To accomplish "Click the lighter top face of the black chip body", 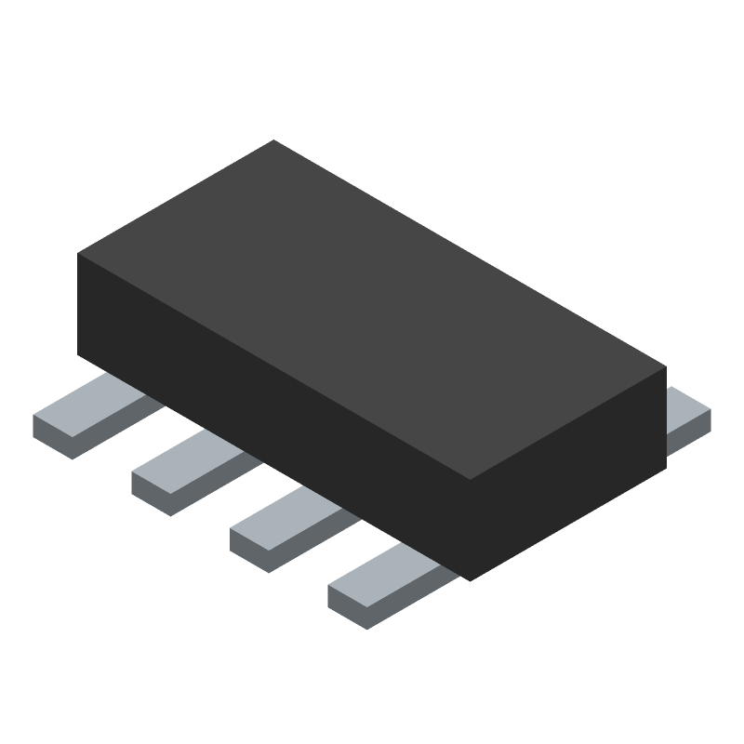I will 372,307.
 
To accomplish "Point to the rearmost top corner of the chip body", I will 273,141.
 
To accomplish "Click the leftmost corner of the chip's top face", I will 79,253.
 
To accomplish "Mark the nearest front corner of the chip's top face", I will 471,479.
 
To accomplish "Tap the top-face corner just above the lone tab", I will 665,366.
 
